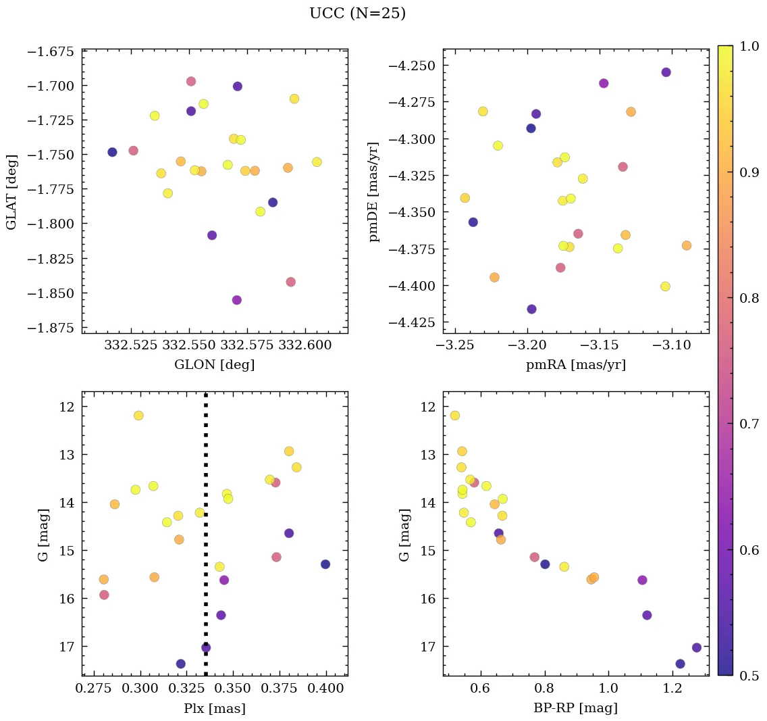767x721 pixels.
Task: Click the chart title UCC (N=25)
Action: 357,14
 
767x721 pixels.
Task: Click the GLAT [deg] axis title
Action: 12,192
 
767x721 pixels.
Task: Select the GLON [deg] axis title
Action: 215,365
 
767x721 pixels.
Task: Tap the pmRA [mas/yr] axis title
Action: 576,365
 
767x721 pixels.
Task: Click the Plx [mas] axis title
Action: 215,708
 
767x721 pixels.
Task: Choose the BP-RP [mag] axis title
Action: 576,708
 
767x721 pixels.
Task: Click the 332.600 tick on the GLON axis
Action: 307,345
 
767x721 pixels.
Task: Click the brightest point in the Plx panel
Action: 138,416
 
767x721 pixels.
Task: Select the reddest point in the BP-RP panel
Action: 697,647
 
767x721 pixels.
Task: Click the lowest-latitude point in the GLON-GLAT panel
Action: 236,300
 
